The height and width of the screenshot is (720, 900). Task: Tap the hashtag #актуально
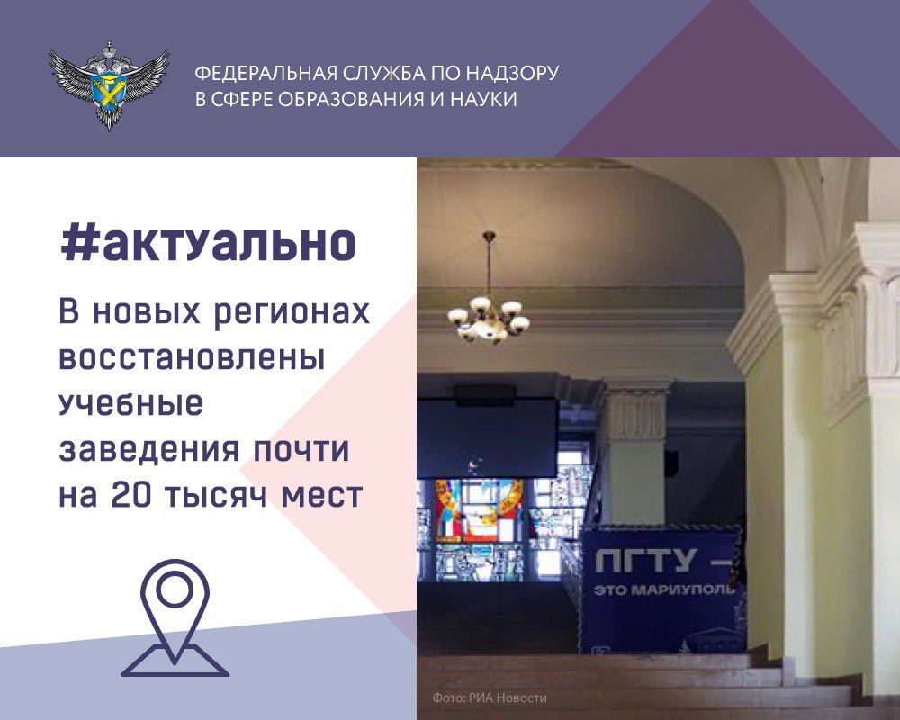(207, 242)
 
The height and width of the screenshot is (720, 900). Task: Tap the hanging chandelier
(489, 306)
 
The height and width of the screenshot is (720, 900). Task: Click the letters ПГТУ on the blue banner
(645, 562)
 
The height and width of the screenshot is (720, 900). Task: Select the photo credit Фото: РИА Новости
(490, 698)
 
